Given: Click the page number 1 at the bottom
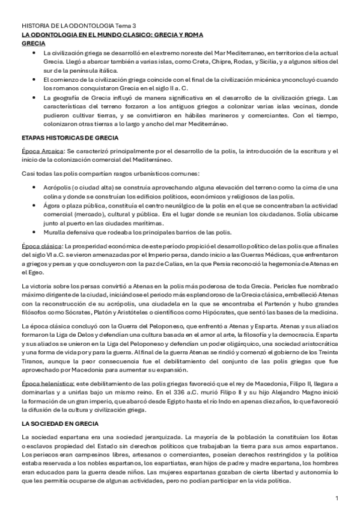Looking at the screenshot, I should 337,498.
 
